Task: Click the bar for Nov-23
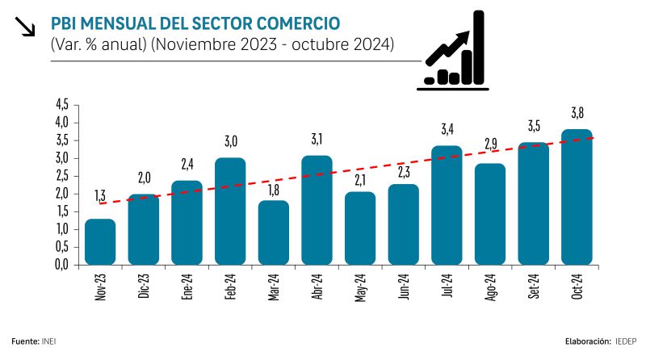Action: click(100, 242)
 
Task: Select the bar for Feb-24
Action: click(230, 211)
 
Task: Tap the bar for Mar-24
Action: click(274, 232)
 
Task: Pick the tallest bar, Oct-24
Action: click(577, 198)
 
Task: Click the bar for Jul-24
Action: click(447, 205)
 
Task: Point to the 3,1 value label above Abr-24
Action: click(317, 138)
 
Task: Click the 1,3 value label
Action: click(100, 196)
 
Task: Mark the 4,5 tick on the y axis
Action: click(61, 104)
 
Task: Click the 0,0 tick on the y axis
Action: click(61, 264)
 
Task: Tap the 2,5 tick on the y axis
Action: click(61, 175)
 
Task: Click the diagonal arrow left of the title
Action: click(26, 27)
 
